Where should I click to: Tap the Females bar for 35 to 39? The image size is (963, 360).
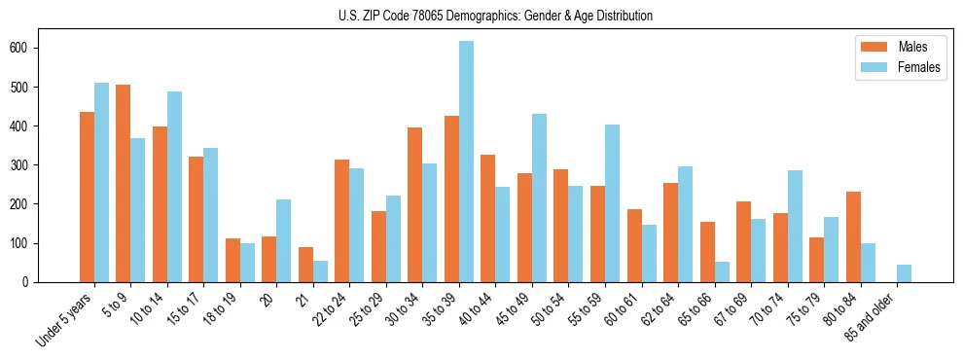467,162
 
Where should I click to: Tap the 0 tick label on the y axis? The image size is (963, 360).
32,282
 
